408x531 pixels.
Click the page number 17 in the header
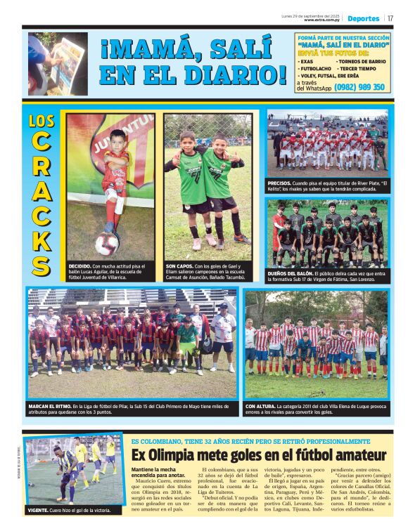pos(390,18)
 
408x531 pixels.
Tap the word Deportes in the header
pos(363,18)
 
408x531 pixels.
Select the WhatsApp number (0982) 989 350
pos(359,87)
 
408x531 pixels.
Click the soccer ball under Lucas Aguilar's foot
pos(107,244)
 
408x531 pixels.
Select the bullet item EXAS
pos(307,61)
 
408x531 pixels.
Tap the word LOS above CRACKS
pos(42,121)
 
